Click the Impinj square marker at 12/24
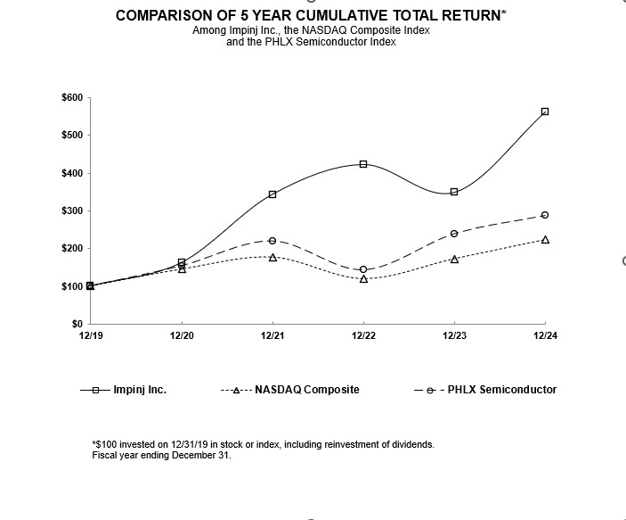click(545, 111)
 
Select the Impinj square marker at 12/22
click(363, 164)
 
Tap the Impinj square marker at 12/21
click(272, 194)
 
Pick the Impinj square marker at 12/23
click(454, 192)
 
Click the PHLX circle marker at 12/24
click(545, 215)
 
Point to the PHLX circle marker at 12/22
click(363, 269)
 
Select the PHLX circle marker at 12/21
click(272, 241)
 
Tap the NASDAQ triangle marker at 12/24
click(545, 240)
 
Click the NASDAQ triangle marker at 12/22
click(363, 279)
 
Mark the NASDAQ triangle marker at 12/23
click(454, 260)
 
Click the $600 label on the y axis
click(72, 97)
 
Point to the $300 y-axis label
click(72, 210)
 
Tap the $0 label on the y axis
click(77, 324)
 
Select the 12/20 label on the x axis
click(182, 335)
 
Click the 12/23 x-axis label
click(454, 335)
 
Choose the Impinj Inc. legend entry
click(140, 390)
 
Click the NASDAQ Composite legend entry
click(307, 390)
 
